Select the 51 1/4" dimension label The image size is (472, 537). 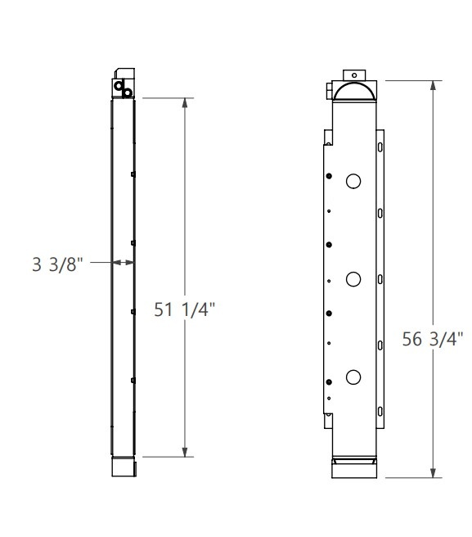tap(184, 309)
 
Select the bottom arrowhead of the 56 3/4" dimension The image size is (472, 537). tap(434, 472)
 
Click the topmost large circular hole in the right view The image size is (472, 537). tap(353, 181)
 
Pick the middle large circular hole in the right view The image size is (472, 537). tap(353, 279)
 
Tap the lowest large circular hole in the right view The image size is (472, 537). tap(353, 377)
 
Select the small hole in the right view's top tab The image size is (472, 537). tap(353, 74)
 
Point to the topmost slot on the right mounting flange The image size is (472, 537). tap(380, 147)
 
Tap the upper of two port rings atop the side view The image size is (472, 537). tap(119, 84)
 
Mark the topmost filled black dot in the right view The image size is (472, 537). tap(329, 176)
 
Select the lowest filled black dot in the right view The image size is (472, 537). tap(329, 382)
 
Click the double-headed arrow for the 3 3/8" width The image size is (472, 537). tap(123, 263)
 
